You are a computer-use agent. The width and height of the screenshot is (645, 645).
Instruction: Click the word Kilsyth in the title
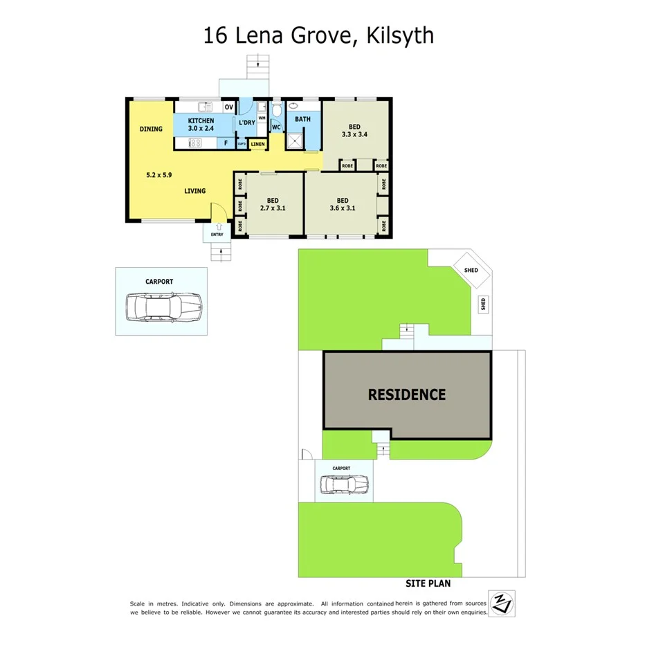(x=400, y=35)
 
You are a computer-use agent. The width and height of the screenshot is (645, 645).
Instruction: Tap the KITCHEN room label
(x=201, y=121)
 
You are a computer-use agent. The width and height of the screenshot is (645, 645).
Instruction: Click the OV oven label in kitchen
(x=228, y=107)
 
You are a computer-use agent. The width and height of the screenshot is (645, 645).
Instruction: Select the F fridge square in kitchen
(x=225, y=143)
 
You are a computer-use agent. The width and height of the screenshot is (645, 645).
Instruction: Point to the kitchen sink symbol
(x=205, y=107)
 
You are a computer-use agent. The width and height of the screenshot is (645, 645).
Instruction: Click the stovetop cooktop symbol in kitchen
(x=195, y=143)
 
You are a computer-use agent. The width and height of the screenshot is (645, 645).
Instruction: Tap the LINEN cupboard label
(x=257, y=144)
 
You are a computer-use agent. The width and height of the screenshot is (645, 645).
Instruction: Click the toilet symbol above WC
(x=275, y=111)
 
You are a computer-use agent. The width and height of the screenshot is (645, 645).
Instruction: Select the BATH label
(x=302, y=119)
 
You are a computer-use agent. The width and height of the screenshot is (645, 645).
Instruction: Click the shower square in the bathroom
(x=295, y=140)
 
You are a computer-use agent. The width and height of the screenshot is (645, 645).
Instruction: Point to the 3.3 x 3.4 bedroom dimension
(x=354, y=134)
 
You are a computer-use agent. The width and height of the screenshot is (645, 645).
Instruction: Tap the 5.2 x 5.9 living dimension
(x=158, y=175)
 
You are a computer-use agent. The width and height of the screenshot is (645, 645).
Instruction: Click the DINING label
(x=151, y=129)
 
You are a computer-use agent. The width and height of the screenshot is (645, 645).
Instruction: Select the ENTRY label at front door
(x=217, y=235)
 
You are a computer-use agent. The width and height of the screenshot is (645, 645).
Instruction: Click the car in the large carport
(x=163, y=306)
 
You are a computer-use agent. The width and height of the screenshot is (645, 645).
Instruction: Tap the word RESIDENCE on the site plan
(x=406, y=394)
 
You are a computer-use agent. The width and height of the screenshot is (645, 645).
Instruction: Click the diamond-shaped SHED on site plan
(x=471, y=270)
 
